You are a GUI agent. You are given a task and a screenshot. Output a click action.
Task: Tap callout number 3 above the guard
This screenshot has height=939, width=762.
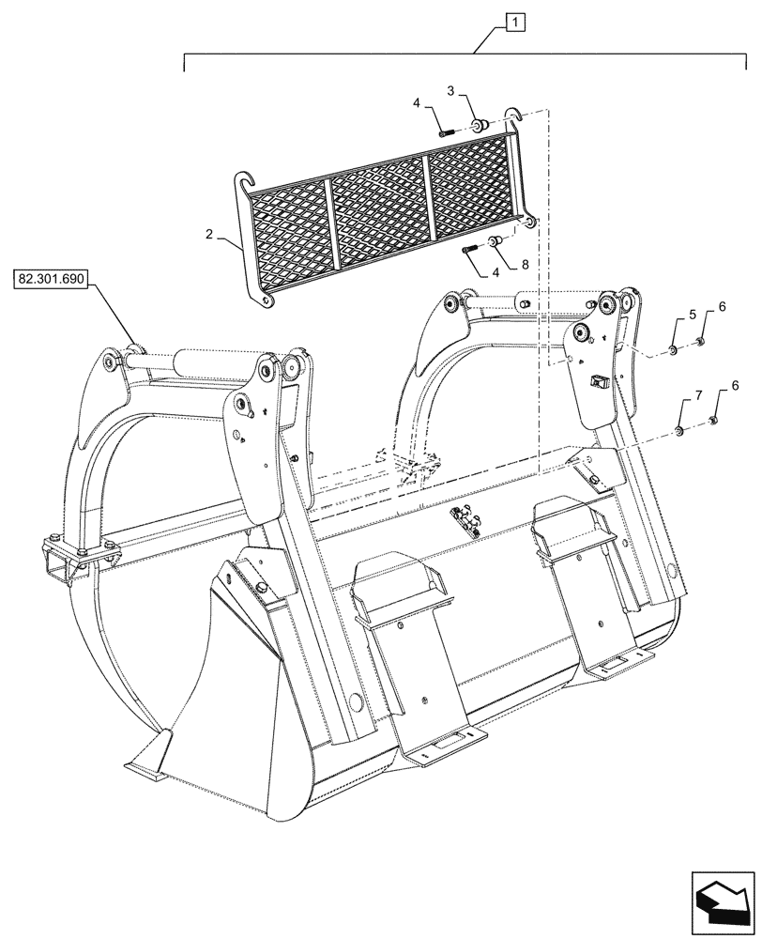(450, 91)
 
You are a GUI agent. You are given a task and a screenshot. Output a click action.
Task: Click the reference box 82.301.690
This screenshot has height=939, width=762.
(51, 279)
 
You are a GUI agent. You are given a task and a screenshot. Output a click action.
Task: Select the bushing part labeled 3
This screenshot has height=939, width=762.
(480, 125)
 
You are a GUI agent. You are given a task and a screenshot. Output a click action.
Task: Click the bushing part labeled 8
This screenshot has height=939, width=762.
(497, 243)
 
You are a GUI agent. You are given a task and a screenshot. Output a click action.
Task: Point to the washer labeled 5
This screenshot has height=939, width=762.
(675, 350)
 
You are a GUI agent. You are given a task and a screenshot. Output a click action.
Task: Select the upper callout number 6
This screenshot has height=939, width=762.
(722, 307)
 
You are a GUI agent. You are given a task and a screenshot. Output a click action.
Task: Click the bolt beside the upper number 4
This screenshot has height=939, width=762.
(446, 132)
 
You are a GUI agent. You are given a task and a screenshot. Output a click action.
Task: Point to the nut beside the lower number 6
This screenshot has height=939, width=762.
(712, 420)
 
